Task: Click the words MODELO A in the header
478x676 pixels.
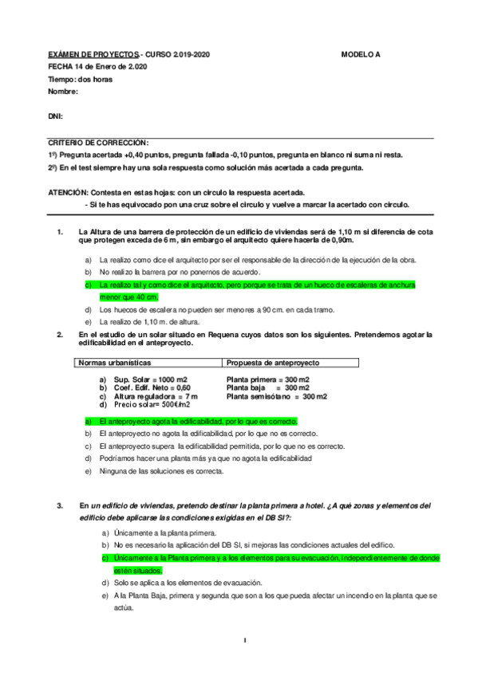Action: click(361, 55)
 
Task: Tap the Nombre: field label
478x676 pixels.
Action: click(63, 92)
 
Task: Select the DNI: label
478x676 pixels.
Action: click(55, 116)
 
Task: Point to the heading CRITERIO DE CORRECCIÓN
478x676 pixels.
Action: click(98, 142)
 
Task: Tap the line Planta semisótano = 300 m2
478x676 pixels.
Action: click(276, 396)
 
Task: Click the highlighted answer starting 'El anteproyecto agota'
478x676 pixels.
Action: click(197, 420)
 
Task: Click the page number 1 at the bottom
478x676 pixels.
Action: click(246, 640)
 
